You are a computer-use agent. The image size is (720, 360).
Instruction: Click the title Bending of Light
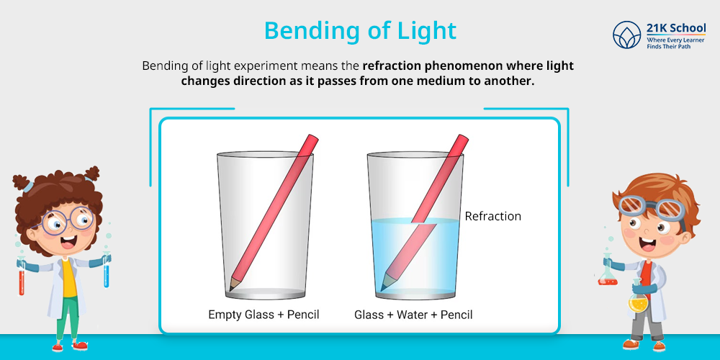360,31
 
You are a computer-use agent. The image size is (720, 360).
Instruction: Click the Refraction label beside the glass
492,216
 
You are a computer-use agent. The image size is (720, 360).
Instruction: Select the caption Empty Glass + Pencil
264,315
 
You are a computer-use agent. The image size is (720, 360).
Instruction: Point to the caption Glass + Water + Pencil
413,315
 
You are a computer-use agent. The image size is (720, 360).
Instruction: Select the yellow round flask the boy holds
638,302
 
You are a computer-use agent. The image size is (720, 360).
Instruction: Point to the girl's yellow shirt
69,277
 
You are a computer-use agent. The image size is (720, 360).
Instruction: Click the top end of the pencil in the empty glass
312,139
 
